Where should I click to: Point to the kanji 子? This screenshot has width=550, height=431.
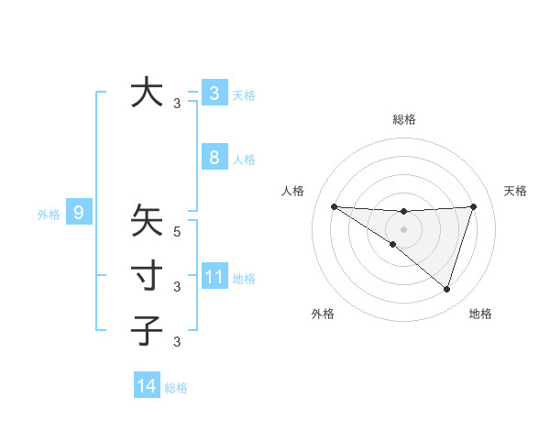click(147, 329)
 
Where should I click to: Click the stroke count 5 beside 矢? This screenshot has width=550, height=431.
click(177, 232)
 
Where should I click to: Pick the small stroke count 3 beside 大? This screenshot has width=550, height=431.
click(177, 104)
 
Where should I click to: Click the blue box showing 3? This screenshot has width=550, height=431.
click(214, 93)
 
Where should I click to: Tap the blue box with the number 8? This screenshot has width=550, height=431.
click(214, 157)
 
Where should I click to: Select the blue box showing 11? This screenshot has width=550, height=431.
click(214, 276)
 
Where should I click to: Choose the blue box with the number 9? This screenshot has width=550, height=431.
click(79, 214)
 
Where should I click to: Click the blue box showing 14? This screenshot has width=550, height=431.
click(147, 386)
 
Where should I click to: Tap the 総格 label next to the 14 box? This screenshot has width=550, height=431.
click(176, 388)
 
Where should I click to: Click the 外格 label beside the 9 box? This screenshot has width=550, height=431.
click(49, 215)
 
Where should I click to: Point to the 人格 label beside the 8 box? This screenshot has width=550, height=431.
click(244, 160)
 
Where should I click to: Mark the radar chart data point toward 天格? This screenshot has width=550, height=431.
click(473, 206)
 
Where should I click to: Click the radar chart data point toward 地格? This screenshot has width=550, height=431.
click(446, 289)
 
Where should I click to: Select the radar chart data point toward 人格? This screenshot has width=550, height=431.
click(334, 206)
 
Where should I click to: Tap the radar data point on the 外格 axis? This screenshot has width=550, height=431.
click(392, 244)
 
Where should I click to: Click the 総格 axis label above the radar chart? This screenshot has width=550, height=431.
click(403, 119)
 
